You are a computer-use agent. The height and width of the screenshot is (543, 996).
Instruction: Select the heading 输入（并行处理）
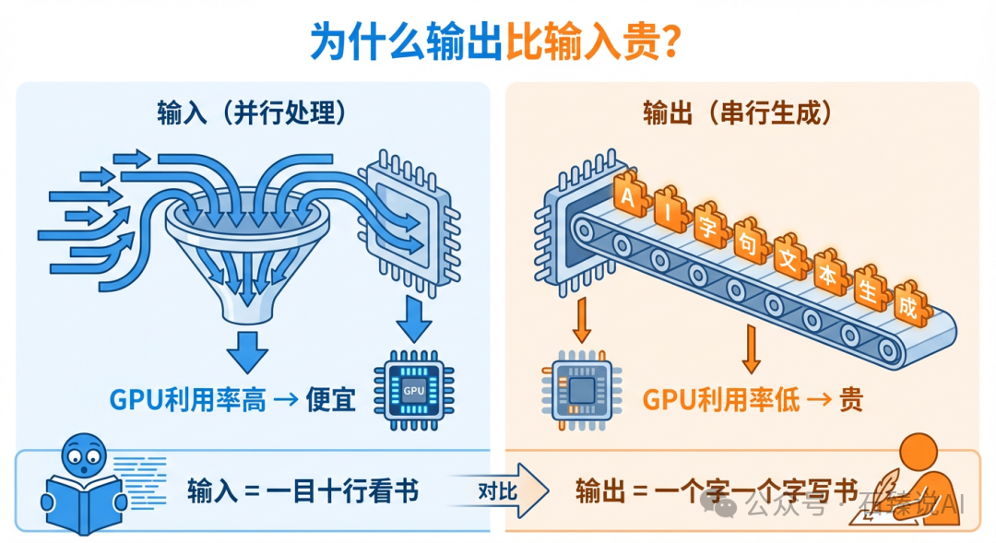[x=251, y=112]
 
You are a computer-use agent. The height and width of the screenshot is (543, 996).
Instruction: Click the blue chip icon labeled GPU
[x=413, y=387]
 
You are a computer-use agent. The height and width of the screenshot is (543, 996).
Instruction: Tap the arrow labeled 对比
[x=499, y=490]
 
